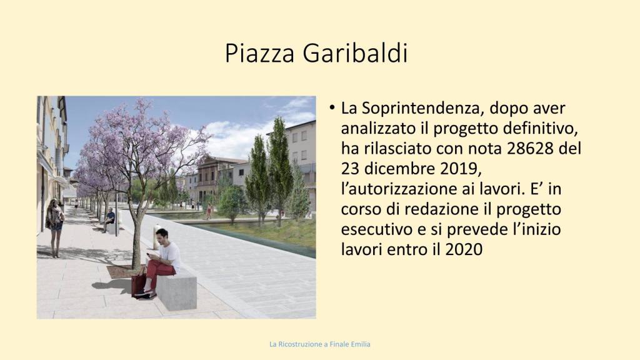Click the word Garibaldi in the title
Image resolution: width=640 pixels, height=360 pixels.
[355, 53]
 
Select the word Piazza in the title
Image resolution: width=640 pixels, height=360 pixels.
[259, 53]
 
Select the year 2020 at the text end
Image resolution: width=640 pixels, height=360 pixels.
[464, 249]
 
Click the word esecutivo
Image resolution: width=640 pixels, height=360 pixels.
[376, 229]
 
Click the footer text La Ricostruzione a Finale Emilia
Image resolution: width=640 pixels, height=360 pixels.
[320, 344]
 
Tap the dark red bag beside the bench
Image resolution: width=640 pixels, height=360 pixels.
[138, 284]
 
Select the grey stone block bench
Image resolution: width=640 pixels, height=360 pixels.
[176, 289]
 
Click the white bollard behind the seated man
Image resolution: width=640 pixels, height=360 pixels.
[157, 237]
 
